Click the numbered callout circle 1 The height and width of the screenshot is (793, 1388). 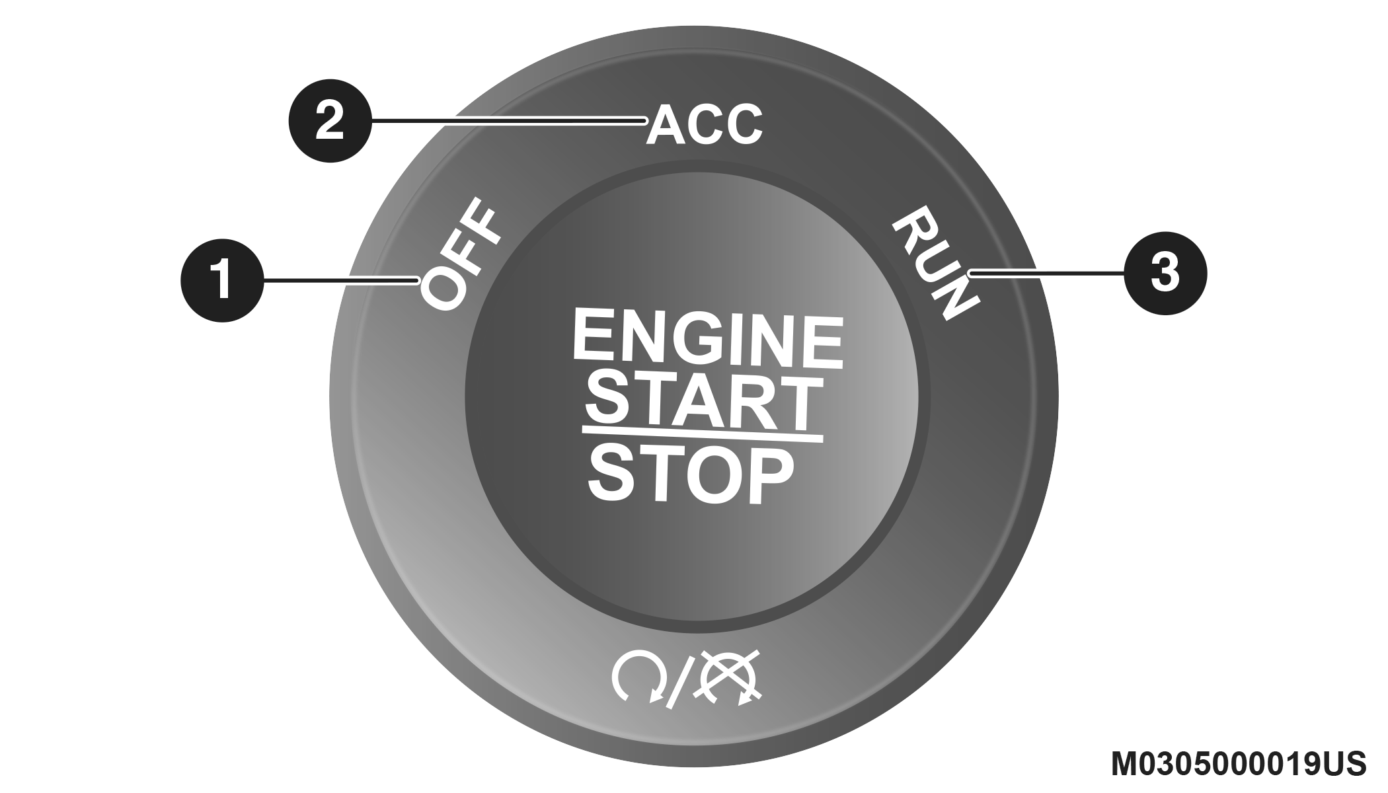click(x=222, y=280)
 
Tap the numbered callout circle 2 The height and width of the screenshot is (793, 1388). click(x=330, y=121)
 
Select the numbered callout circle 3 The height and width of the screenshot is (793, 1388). click(x=1165, y=272)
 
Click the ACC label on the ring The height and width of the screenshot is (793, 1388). click(x=705, y=124)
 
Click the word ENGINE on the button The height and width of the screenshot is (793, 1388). click(x=707, y=341)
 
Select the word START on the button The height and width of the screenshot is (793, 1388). click(x=702, y=400)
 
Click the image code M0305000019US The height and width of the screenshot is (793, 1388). click(x=1237, y=764)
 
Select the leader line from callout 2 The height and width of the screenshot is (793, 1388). click(x=509, y=121)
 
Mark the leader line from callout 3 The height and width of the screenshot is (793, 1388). click(x=1048, y=272)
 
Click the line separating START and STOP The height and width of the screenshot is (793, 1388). click(x=702, y=435)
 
